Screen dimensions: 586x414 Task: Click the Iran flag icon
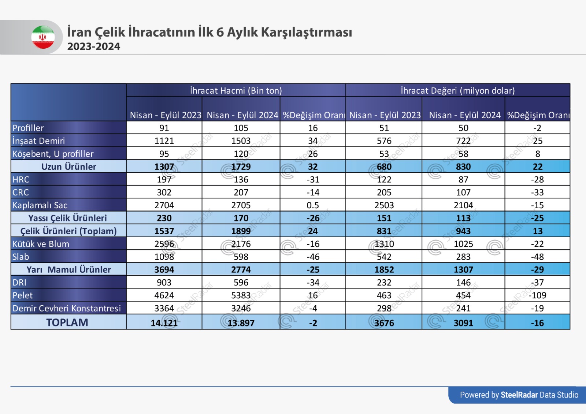coord(43,37)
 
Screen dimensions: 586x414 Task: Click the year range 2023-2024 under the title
coord(94,46)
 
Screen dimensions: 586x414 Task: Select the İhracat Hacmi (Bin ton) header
coord(236,90)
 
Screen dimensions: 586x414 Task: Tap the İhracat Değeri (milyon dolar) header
coord(458,90)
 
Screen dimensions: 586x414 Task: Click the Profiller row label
coord(28,128)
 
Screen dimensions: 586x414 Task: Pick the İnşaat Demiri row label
coord(38,141)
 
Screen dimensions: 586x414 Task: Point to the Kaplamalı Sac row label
coord(40,205)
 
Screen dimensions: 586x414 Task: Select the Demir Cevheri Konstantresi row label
coord(66,308)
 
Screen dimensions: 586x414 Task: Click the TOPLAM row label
coord(67,322)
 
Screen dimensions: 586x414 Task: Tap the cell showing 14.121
coord(164,323)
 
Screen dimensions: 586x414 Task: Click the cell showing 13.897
coord(241,323)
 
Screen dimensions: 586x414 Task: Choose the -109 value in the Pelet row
coord(537,295)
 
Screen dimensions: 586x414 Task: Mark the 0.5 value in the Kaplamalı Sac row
coord(313,205)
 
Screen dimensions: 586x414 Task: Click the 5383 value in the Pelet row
coord(241,295)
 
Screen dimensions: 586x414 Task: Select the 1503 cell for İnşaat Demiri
coord(241,141)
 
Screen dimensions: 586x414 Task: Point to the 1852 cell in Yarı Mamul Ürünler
coord(384,269)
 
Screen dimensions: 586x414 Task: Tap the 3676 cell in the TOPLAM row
coord(384,323)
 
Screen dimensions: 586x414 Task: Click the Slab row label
coord(21,257)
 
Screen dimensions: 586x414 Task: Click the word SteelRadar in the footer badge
coord(519,395)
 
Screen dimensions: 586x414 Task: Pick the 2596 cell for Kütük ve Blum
coord(164,244)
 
